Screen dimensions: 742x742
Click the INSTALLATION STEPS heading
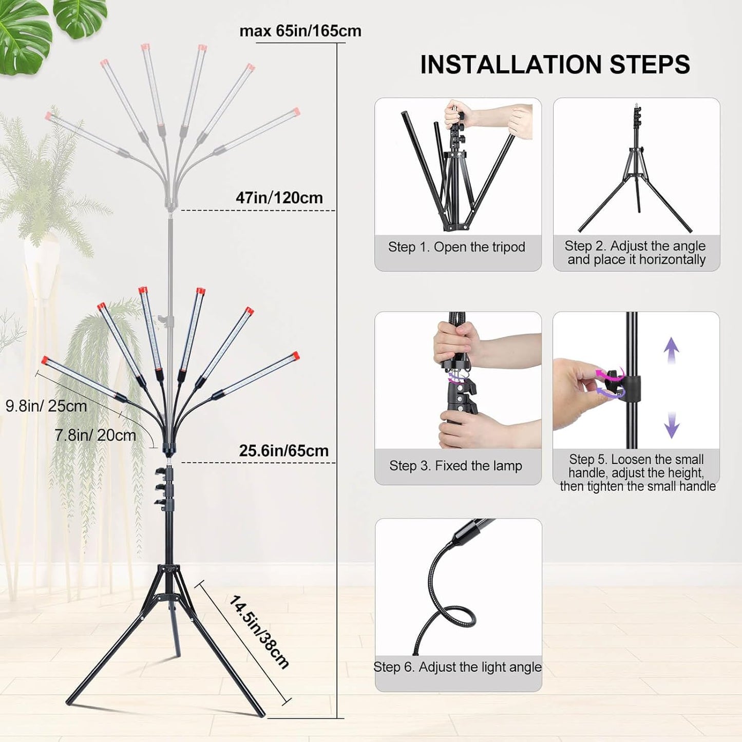555,65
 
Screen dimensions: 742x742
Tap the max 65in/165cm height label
300,31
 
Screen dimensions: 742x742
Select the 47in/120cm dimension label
279,198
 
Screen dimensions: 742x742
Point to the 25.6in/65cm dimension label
283,451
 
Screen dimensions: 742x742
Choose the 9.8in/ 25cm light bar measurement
46,406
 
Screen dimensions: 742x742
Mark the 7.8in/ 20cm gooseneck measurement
96,435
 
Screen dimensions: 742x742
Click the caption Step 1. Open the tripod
456,247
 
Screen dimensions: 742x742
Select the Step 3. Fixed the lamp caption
455,466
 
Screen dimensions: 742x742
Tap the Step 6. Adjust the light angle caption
458,667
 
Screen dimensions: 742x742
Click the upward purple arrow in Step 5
671,350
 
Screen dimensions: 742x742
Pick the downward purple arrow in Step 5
672,425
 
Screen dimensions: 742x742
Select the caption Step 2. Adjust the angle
636,253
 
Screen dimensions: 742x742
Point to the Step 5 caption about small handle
637,473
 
